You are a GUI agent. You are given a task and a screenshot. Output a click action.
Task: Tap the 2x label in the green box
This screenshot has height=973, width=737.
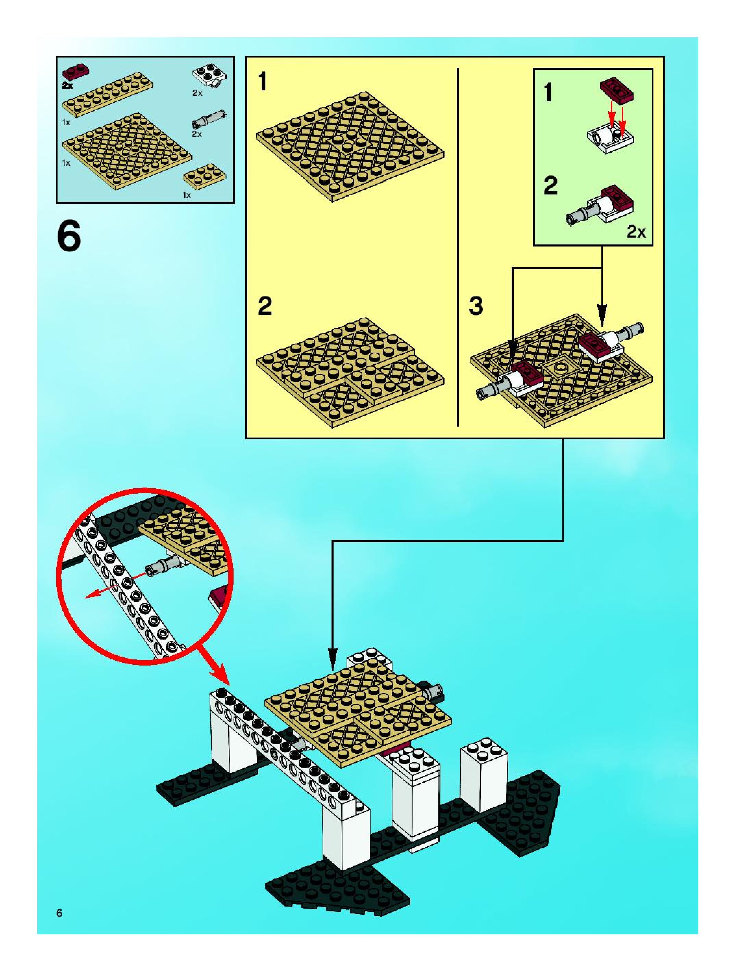point(636,232)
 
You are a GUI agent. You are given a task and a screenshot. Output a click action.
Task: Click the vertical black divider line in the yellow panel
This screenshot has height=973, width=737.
point(458,246)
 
